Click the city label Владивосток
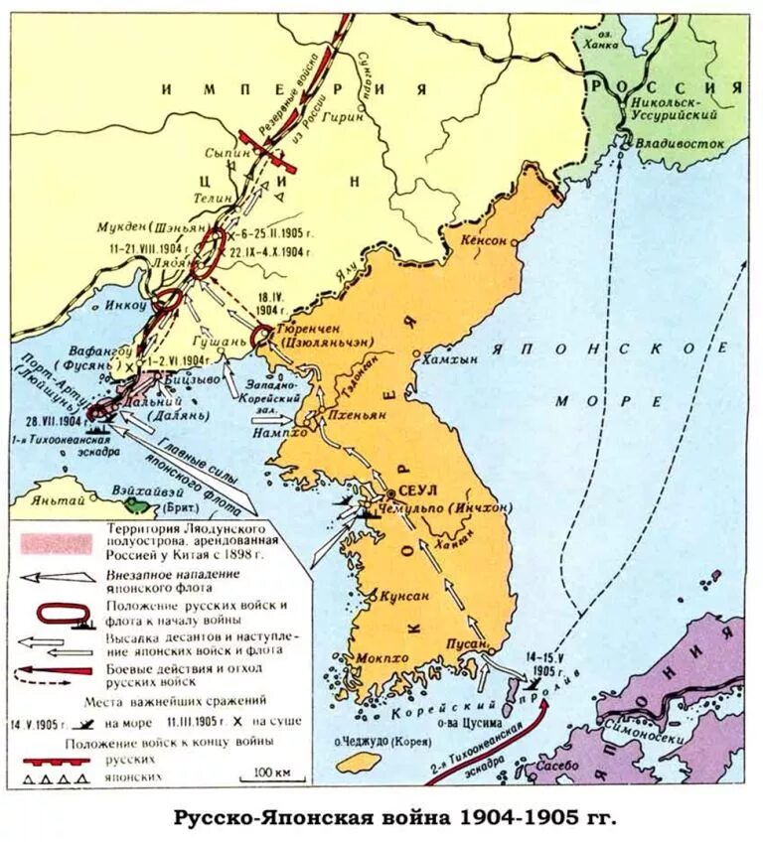point(682,143)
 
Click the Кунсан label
point(403,596)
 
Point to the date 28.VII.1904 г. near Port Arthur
point(54,421)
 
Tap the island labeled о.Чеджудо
point(358,761)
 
